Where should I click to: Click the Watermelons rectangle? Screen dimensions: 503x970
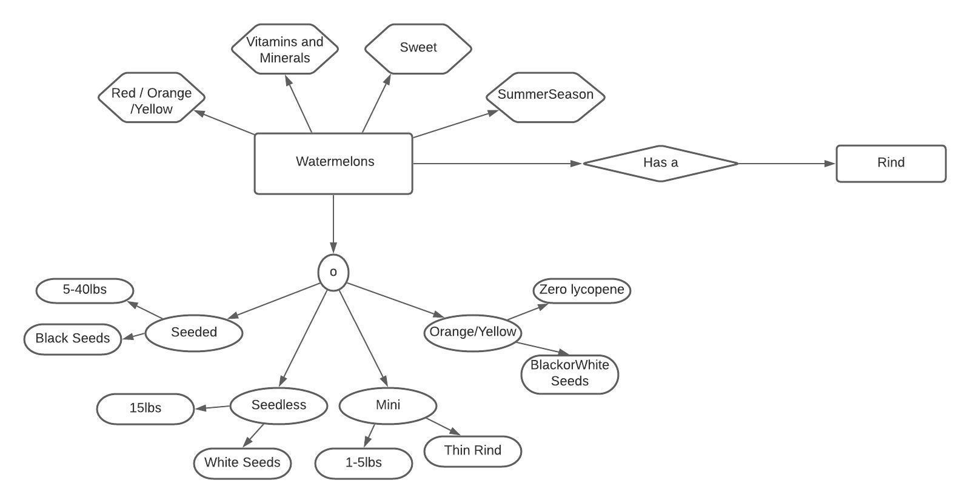click(x=333, y=163)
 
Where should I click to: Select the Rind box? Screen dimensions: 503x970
click(x=891, y=163)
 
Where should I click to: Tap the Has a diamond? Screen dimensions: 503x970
click(x=660, y=163)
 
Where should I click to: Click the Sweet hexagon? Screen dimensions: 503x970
click(x=418, y=48)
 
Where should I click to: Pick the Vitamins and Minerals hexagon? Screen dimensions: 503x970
click(x=285, y=49)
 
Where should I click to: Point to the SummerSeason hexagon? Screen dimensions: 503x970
click(x=545, y=97)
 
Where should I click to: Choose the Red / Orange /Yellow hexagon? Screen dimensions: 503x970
click(x=152, y=98)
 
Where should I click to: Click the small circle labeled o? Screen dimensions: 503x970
click(x=333, y=272)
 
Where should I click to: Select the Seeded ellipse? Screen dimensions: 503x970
click(x=194, y=332)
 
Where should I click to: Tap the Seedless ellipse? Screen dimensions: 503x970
click(x=279, y=405)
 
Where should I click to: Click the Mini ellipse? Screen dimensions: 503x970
click(x=387, y=405)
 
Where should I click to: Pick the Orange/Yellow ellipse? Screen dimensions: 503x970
click(x=472, y=332)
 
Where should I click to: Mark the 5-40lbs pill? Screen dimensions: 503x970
click(x=85, y=290)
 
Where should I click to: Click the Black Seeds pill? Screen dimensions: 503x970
click(x=73, y=339)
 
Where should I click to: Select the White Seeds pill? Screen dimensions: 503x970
click(x=242, y=463)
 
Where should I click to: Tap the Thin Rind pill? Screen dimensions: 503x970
click(x=472, y=451)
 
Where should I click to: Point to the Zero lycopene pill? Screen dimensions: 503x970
click(x=581, y=290)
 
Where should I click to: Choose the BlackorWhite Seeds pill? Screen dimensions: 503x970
click(x=569, y=374)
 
